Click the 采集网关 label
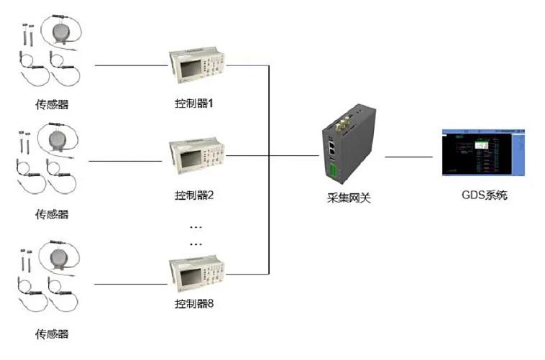(344, 198)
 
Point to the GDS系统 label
(483, 195)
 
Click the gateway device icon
(344, 147)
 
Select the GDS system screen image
(483, 152)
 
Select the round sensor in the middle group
(59, 137)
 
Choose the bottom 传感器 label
(52, 334)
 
